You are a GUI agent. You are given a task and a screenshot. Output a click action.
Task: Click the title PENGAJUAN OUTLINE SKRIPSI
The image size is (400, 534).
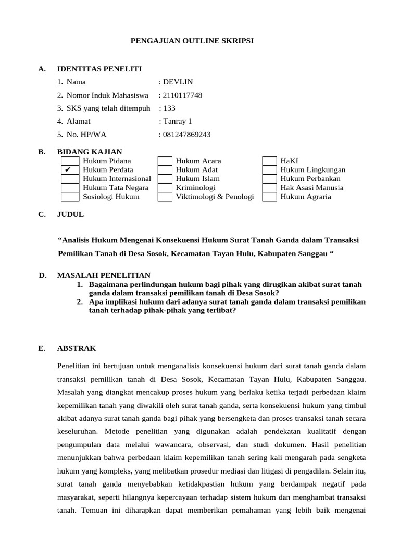pos(192,40)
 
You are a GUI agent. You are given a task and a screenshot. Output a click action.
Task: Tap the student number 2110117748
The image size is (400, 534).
pos(182,95)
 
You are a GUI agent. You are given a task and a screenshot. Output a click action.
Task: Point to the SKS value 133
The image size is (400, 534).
pos(169,108)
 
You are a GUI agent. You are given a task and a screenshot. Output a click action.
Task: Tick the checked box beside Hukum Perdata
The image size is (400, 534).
pos(70,170)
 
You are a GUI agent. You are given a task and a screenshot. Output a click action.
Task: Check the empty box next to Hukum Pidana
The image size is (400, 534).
pos(70,161)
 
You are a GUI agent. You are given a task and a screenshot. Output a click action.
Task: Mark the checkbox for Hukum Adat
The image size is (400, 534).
pos(165,170)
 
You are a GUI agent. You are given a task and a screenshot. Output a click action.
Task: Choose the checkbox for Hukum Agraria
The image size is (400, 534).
pos(269,197)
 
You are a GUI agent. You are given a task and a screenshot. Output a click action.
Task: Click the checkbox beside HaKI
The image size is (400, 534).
pos(269,161)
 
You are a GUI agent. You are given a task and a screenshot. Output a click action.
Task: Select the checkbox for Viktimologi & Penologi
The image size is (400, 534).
pos(165,197)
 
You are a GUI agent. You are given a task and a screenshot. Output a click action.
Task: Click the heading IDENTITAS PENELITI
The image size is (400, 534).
pos(99,69)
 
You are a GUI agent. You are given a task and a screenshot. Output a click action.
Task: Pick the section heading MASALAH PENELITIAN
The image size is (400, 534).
pos(104,275)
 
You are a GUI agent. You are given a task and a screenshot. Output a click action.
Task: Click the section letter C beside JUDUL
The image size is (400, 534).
pos(42,214)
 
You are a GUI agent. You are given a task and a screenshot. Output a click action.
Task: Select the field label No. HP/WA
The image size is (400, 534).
pos(86,134)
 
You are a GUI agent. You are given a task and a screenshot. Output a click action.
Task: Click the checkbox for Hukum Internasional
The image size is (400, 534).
pos(70,179)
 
